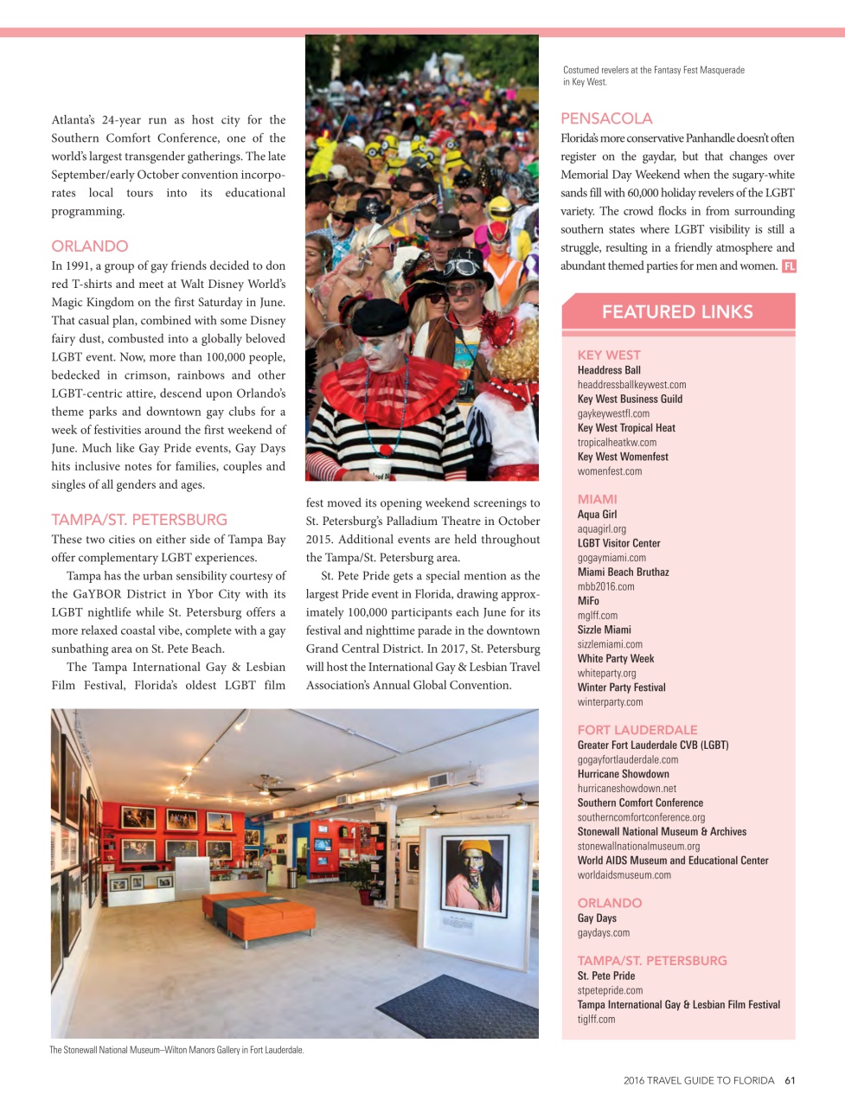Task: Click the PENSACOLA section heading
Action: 606,118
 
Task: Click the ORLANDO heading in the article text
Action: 89,246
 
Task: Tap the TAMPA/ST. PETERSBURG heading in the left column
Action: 139,520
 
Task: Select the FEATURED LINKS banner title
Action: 677,312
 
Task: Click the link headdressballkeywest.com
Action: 631,385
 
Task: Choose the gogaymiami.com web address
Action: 611,558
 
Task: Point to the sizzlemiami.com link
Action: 610,644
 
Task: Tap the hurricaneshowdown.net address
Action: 626,789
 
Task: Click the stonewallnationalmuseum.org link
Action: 638,847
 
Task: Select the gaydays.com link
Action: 603,933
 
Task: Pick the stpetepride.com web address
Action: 610,990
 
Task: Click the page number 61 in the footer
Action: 790,1080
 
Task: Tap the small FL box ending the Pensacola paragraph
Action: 789,266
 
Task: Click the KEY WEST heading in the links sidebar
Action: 609,355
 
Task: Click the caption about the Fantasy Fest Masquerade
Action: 653,76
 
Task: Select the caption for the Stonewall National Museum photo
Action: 176,1050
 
